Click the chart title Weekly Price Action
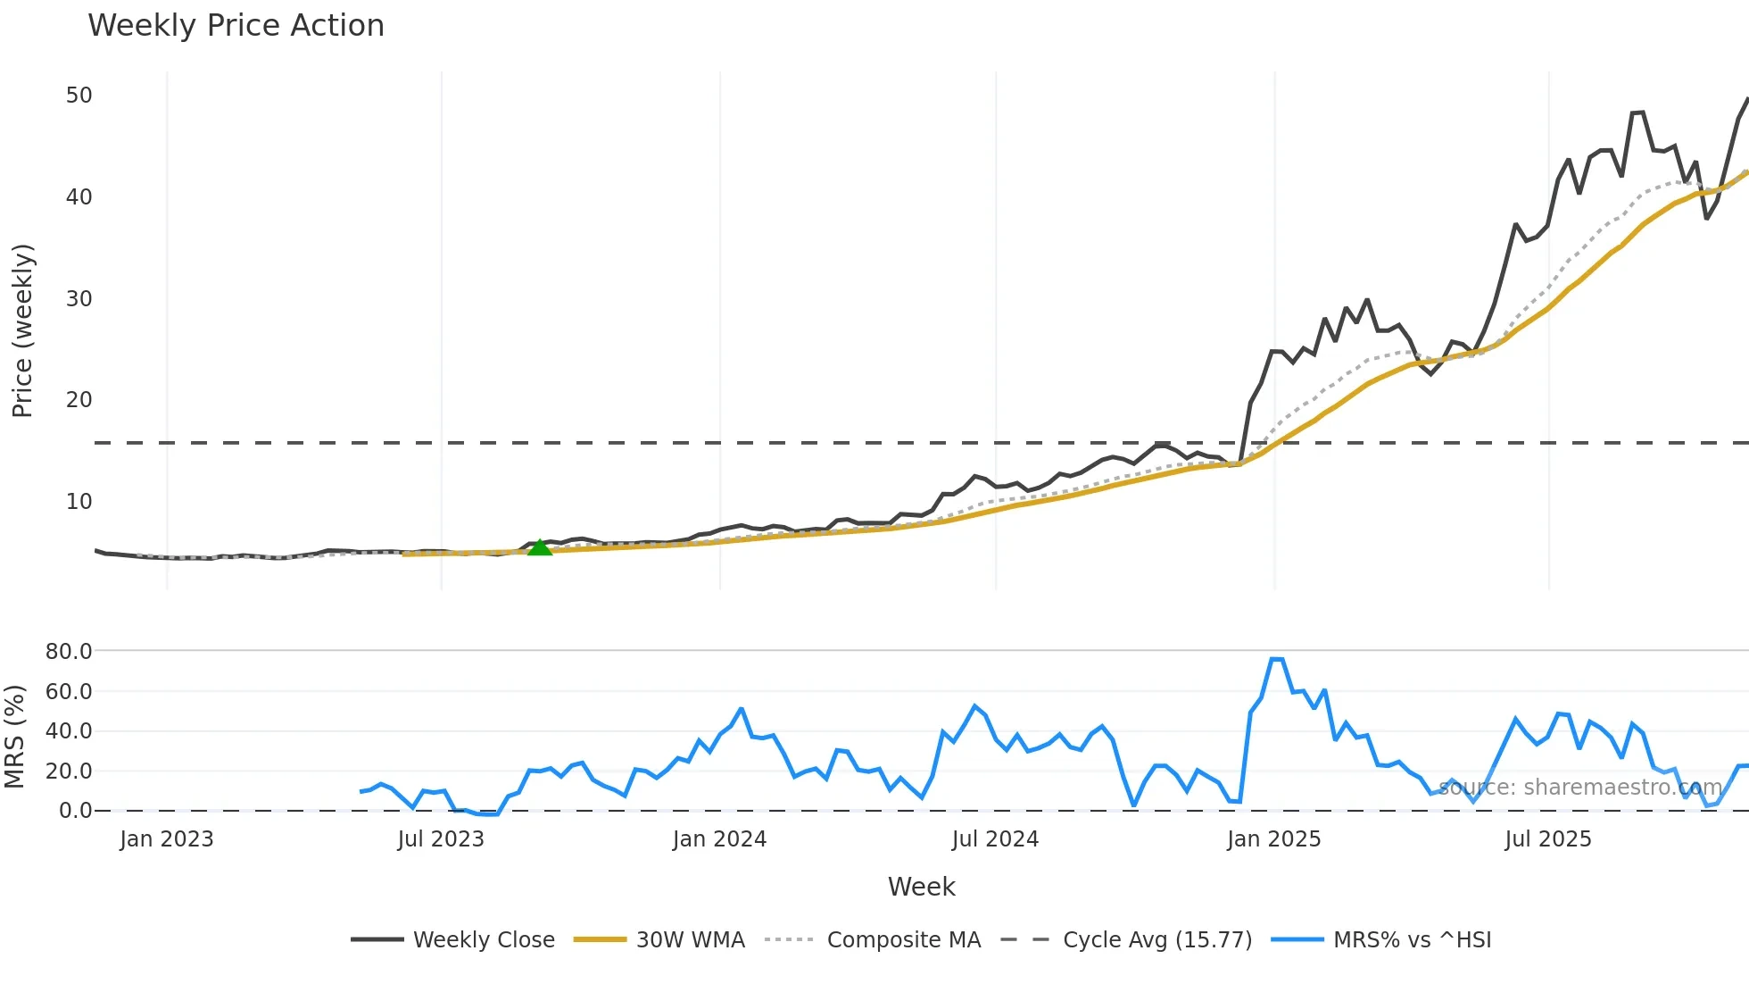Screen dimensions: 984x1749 [x=236, y=26]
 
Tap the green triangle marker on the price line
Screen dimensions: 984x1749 [x=540, y=547]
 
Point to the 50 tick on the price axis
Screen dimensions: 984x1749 [x=79, y=96]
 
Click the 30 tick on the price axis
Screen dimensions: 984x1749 [x=79, y=298]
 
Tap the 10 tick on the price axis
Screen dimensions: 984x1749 [x=79, y=502]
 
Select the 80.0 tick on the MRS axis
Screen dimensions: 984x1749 [x=69, y=652]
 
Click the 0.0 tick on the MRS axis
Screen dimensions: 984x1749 [x=75, y=811]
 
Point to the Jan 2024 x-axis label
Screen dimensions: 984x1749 [x=719, y=839]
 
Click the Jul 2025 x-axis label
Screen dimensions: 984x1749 [x=1547, y=839]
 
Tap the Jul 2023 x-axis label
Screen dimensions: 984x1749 [x=441, y=839]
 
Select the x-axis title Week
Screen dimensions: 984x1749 [x=921, y=887]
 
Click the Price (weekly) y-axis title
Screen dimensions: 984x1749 [x=22, y=330]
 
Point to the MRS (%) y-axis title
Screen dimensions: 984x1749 [x=14, y=737]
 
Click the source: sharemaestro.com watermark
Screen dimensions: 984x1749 [x=1579, y=788]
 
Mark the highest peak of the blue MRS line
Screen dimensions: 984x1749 [x=1276, y=659]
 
